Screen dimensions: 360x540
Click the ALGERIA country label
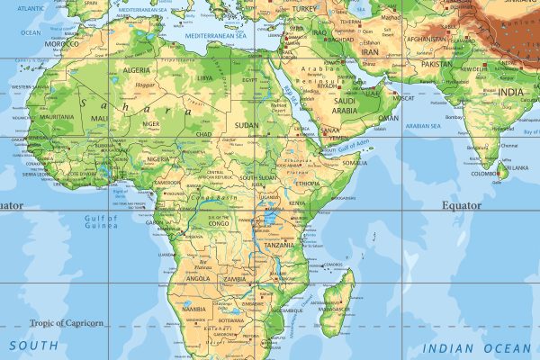pos(136,69)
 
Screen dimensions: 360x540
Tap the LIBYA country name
pos(205,78)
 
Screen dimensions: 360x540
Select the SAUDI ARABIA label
pos(346,105)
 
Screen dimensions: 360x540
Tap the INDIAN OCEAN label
pos(477,347)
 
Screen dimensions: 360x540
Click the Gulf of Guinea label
pos(101,223)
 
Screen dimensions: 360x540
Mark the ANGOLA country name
pos(199,279)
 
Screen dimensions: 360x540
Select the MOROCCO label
pos(62,43)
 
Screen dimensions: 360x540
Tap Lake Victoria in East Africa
pos(268,218)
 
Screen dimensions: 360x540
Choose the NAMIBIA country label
pos(193,310)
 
